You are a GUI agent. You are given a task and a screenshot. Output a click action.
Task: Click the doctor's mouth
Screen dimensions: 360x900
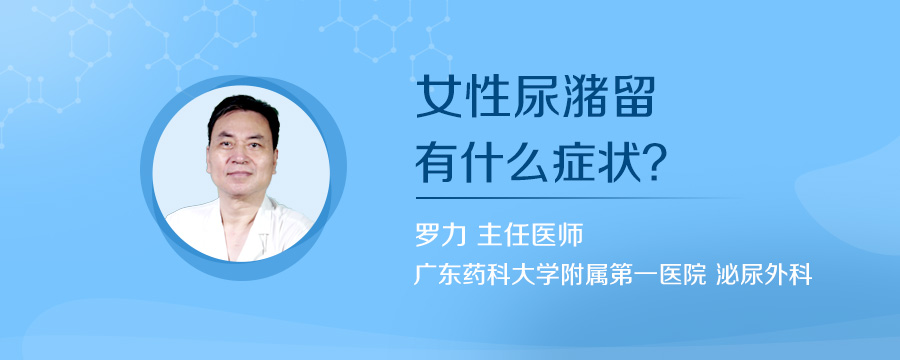(240, 181)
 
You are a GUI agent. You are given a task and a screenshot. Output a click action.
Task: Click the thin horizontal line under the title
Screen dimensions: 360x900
(580, 197)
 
